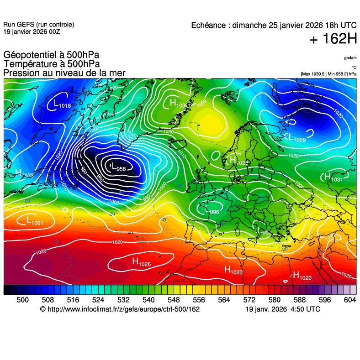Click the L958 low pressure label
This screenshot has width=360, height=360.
coord(118,168)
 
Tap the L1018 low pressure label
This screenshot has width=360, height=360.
coord(62,105)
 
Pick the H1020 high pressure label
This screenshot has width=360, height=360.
coord(302,276)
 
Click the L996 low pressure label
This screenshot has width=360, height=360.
coord(212,211)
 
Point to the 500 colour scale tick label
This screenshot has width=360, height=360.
coord(22,300)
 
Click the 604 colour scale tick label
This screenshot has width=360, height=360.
coord(349,300)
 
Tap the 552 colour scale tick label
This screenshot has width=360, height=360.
coord(186,300)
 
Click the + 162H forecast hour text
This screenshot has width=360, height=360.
coord(333,39)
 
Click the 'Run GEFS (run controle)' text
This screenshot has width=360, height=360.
coord(38,25)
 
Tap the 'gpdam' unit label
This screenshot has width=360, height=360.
coord(350,58)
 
